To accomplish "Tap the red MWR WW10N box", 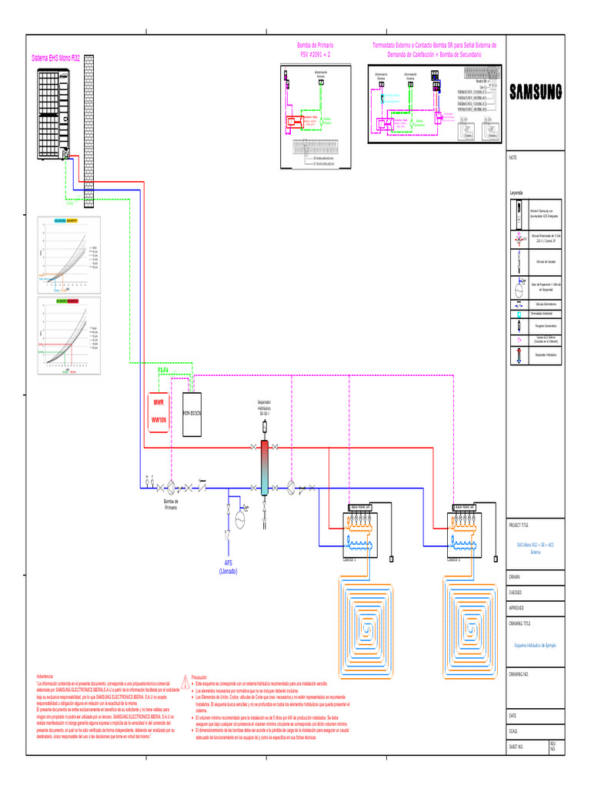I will tap(159, 411).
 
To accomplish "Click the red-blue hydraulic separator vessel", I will tap(264, 468).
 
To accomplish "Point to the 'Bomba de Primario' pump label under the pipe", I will tap(171, 504).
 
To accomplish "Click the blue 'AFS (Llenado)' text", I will tap(229, 567).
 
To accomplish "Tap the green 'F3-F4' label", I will tap(164, 371).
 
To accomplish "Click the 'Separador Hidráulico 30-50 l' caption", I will tap(264, 408).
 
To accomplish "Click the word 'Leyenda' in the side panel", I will tap(516, 192).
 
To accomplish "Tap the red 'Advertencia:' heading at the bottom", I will tap(45, 675).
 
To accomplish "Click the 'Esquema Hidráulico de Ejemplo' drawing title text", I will tap(535, 644).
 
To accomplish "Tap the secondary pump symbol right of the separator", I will tap(291, 488).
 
